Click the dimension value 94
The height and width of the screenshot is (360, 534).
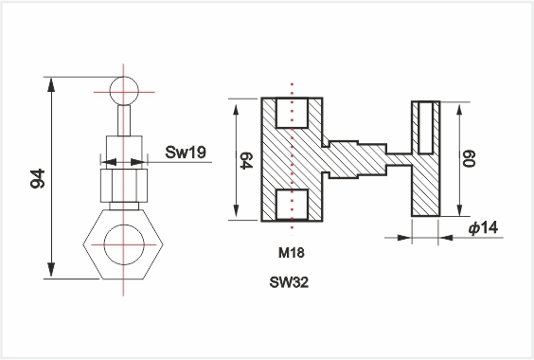38,178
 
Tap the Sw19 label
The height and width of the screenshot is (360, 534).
186,152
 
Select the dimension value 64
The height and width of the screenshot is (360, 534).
246,160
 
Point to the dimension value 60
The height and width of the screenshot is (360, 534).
469,158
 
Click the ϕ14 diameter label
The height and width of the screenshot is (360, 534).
484,227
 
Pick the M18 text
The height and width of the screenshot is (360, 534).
292,253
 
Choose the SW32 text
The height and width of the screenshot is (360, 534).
289,282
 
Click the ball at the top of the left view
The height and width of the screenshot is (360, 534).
124,91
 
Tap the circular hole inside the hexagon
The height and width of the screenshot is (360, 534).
124,244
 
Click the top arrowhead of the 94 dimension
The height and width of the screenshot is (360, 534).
51,84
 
